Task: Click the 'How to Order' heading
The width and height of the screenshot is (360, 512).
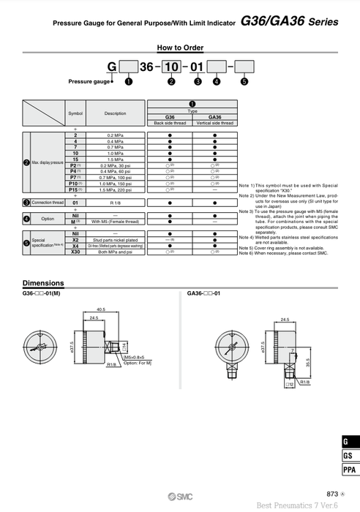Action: (180, 48)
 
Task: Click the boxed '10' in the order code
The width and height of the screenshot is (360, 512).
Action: (171, 68)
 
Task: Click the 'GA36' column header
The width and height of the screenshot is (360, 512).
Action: (215, 117)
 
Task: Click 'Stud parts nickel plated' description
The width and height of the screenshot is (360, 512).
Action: (115, 240)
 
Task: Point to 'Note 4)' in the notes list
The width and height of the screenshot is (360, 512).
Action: (247, 238)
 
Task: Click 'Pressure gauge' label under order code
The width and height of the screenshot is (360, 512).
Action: (89, 82)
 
